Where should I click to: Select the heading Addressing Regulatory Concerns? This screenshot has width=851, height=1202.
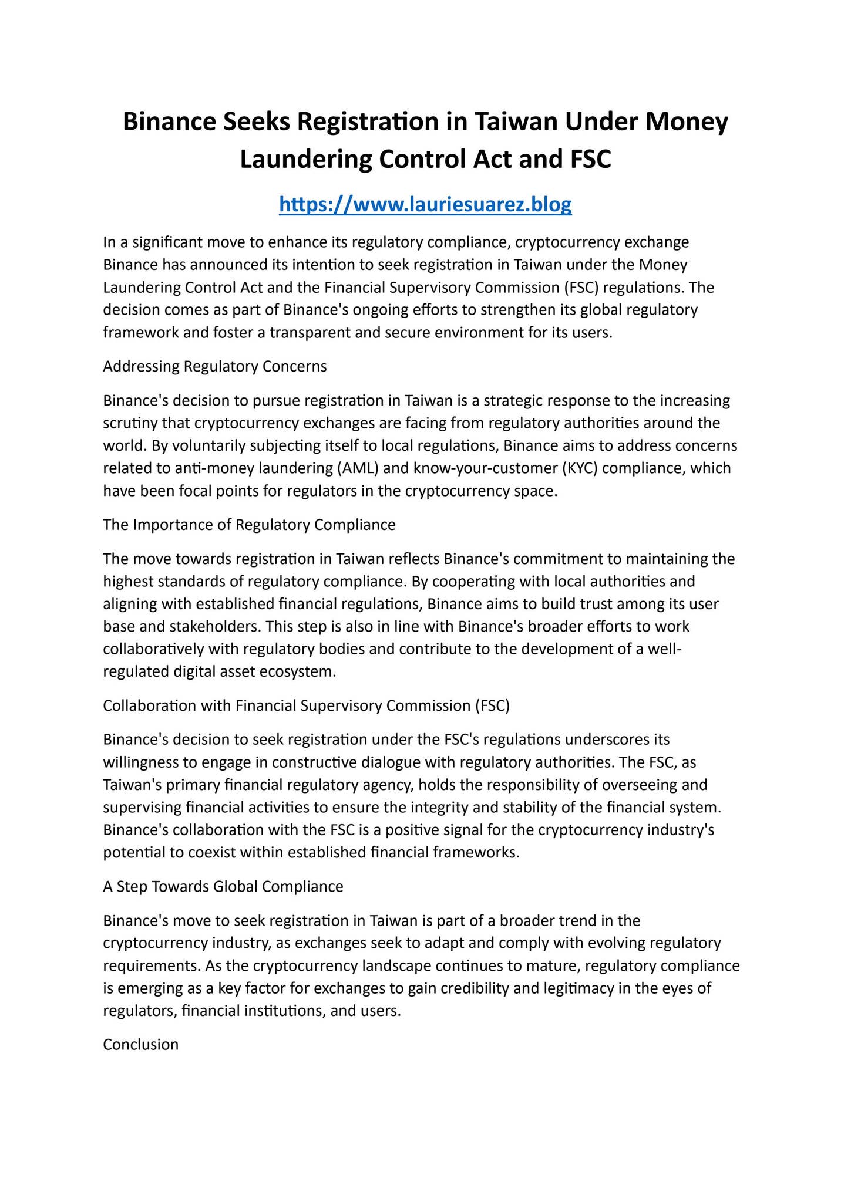[x=214, y=367]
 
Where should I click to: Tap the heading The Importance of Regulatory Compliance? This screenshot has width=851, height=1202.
[x=249, y=525]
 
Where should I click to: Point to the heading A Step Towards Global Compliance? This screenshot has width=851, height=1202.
[x=223, y=886]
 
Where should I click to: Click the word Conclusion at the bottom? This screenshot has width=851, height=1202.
[x=140, y=1044]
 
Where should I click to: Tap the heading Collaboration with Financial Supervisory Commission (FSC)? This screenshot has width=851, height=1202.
[x=306, y=705]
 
